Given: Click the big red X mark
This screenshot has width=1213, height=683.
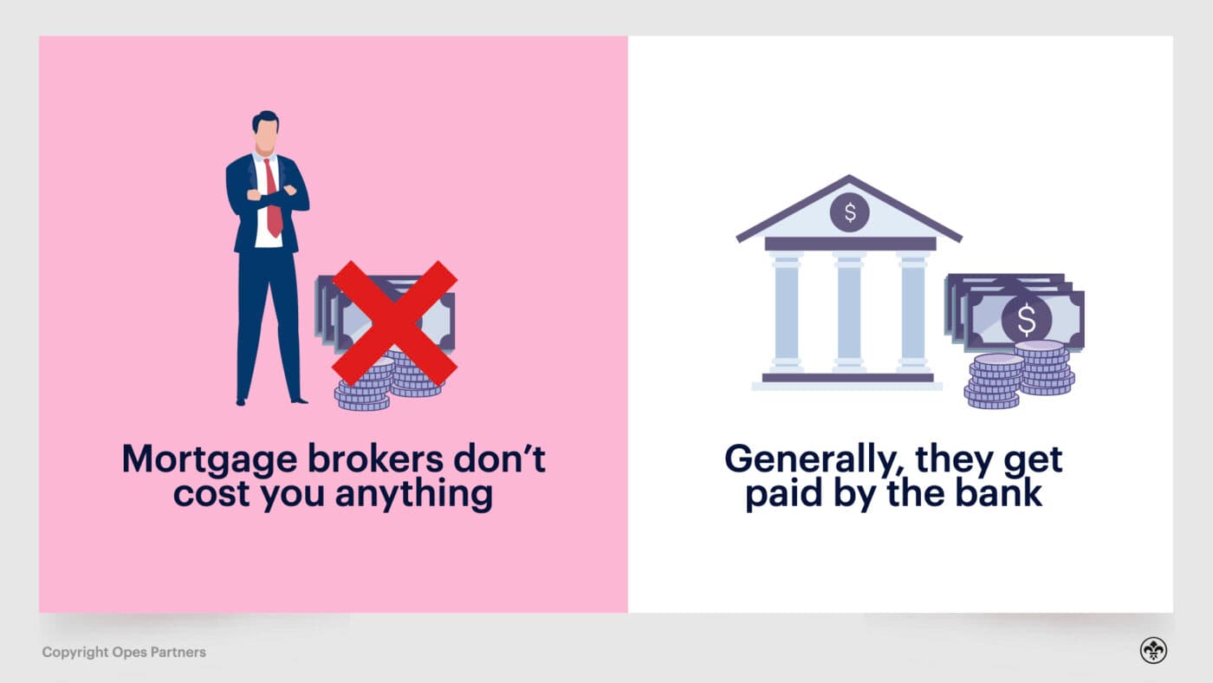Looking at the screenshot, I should (394, 322).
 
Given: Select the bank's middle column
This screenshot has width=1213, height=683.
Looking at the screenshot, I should (849, 312).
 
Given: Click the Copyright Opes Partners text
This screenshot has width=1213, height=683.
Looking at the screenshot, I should (124, 652).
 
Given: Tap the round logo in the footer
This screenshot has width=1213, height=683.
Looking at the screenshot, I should (1153, 651).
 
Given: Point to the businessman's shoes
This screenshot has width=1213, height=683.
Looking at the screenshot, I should (269, 400).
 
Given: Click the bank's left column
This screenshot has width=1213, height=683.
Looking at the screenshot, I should (787, 312).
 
